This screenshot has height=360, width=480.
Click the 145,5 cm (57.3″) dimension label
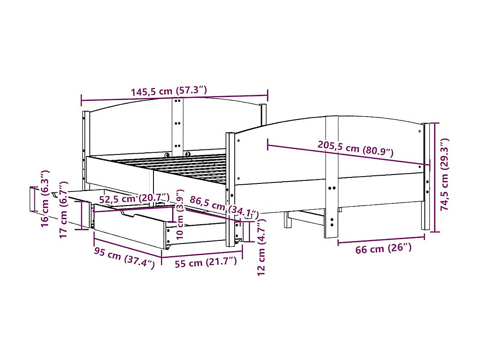tap(168, 91)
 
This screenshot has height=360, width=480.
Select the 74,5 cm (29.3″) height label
tap(444, 174)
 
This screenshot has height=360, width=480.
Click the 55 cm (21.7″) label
tap(205, 263)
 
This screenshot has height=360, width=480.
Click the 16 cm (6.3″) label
tap(45, 198)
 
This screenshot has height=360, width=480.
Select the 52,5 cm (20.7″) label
tap(134, 198)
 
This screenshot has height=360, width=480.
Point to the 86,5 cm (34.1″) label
tap(224, 206)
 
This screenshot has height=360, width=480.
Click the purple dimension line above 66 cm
tap(381, 240)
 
